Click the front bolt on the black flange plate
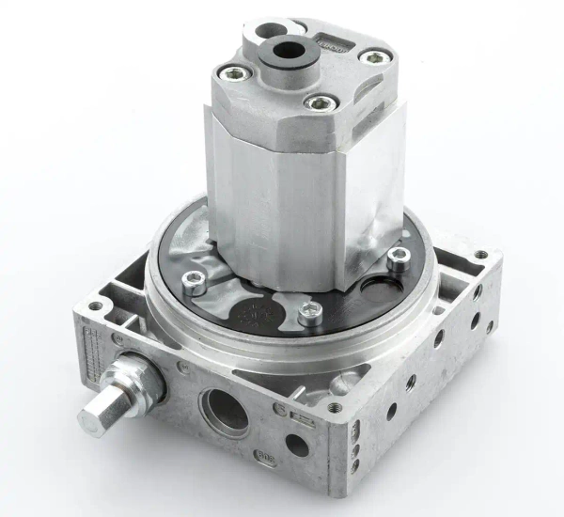(x=311, y=311)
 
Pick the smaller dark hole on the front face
(x=299, y=445)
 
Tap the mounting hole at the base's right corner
(x=480, y=256)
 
